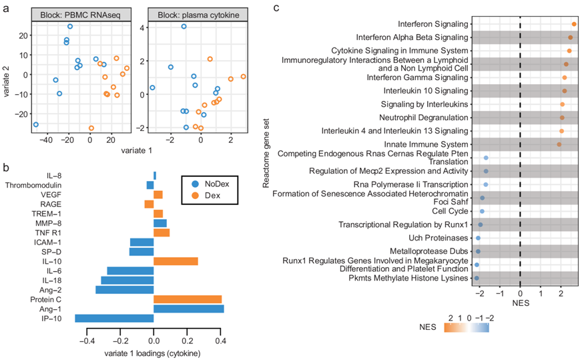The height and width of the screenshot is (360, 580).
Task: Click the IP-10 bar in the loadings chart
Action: pos(114,319)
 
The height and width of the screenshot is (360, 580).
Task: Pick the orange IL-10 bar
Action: pos(176,260)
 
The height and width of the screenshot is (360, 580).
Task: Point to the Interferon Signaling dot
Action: pos(574,24)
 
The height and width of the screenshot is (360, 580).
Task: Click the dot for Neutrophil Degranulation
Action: pos(562,118)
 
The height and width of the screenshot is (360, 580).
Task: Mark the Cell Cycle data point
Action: pos(482,211)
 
